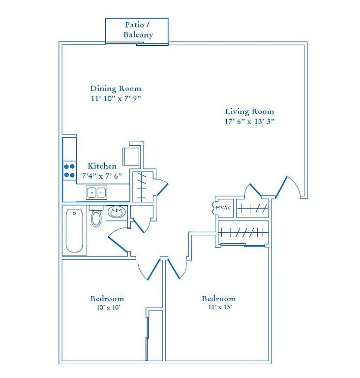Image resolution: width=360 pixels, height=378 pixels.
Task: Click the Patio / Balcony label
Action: [x=138, y=30]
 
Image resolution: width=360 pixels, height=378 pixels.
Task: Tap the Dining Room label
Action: [x=116, y=89]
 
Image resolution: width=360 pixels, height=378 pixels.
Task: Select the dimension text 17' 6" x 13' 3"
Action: [x=250, y=121]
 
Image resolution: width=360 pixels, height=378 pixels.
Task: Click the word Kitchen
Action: [x=102, y=166]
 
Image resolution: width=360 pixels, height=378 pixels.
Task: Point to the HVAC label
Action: [x=223, y=208]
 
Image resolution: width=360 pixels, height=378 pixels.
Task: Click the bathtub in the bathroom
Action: [x=74, y=231]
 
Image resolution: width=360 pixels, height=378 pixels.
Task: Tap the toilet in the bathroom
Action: [x=96, y=216]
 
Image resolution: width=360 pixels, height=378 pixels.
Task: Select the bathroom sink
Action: [x=117, y=213]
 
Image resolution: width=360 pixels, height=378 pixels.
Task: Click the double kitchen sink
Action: [x=96, y=192]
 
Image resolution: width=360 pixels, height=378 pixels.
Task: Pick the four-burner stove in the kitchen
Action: [x=69, y=171]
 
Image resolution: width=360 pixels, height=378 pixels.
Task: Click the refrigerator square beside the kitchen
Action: [x=131, y=157]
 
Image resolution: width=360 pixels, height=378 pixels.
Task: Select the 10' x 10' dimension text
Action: [x=108, y=307]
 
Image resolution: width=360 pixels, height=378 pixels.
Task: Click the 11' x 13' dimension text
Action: [x=220, y=307]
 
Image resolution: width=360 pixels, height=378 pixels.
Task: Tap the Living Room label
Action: [x=250, y=112]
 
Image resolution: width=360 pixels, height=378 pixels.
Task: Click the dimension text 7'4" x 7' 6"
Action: [x=102, y=176]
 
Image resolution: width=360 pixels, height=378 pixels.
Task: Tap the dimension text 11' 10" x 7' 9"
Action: [x=116, y=98]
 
